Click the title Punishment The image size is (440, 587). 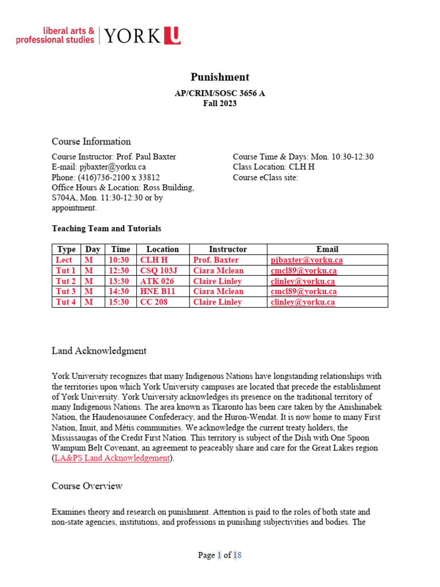[x=219, y=77]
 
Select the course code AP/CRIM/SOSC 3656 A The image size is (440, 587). [x=219, y=93]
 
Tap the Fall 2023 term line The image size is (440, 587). [x=219, y=104]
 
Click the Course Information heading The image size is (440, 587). [x=91, y=142]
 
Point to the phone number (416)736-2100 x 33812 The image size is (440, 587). [x=105, y=177]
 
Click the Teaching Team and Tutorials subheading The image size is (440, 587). [x=106, y=228]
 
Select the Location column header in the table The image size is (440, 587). [x=162, y=249]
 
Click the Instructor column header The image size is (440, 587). [x=227, y=249]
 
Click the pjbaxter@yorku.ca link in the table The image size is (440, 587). [x=307, y=260]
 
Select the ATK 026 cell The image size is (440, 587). [x=153, y=281]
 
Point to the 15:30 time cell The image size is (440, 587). [x=120, y=302]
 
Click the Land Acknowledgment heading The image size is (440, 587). [x=99, y=351]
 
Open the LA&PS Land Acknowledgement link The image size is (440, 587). [x=112, y=458]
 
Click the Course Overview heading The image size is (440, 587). [x=87, y=486]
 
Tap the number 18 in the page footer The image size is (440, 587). [x=237, y=555]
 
